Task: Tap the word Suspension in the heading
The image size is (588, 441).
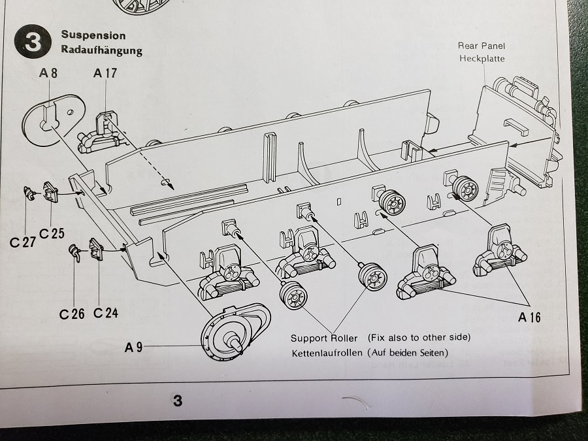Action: point(93,35)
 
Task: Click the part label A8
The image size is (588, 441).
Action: point(48,74)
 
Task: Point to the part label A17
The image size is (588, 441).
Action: point(105,74)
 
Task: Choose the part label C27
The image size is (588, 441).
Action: point(22,242)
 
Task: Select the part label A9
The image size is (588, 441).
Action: point(133,347)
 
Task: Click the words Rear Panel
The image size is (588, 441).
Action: point(482,46)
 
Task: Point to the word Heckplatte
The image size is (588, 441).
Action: point(482,58)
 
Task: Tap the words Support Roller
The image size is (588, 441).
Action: point(324,338)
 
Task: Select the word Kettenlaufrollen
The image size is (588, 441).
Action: point(325,353)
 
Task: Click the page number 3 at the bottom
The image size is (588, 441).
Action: point(177,400)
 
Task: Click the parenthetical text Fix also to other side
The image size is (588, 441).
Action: point(419,337)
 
